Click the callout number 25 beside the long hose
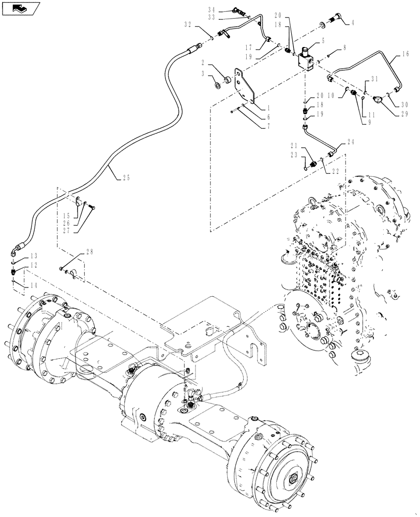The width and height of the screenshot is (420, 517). (x=126, y=178)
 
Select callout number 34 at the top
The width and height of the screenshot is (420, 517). (x=212, y=10)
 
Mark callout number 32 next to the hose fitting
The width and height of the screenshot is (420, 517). (x=187, y=24)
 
